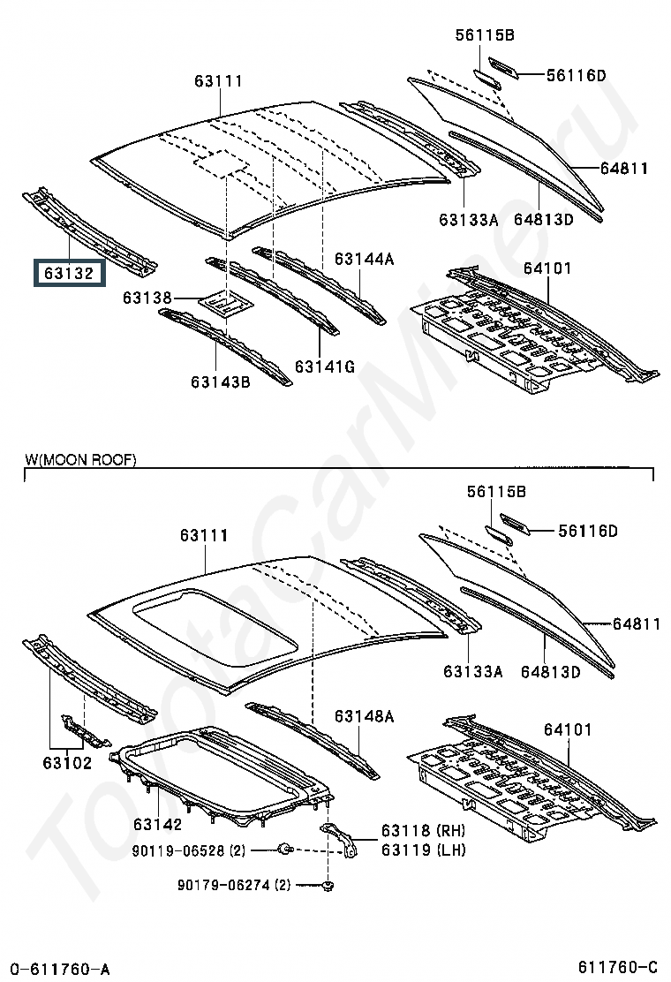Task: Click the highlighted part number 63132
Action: click(x=69, y=274)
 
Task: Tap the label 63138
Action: click(x=147, y=298)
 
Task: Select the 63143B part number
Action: click(x=221, y=381)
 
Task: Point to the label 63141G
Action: click(x=324, y=366)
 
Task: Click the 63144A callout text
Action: click(x=364, y=259)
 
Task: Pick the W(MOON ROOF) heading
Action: click(x=80, y=460)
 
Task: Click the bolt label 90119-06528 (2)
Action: click(x=188, y=850)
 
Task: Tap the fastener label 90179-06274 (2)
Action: click(x=234, y=885)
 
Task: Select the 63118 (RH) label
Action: click(x=423, y=831)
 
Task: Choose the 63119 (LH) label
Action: click(x=423, y=850)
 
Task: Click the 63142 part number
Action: click(x=158, y=824)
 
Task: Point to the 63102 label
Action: click(x=67, y=763)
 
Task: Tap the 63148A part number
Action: click(x=364, y=716)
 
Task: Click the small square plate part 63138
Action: click(x=227, y=303)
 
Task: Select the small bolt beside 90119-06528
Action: click(x=286, y=850)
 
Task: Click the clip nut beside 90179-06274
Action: click(x=328, y=886)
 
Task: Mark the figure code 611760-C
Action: click(x=618, y=967)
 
